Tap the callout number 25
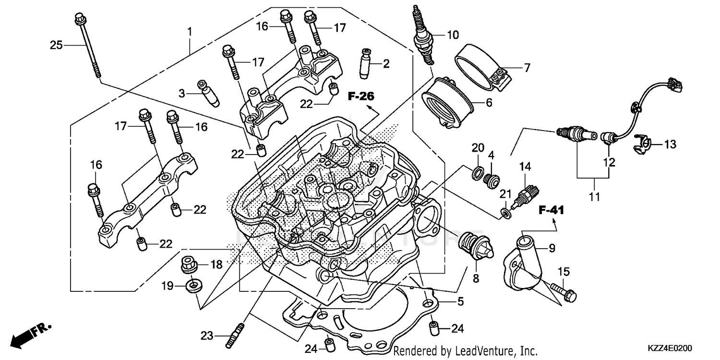point(57,45)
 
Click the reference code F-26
point(361,96)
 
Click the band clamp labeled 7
point(480,68)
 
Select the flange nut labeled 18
point(191,264)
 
